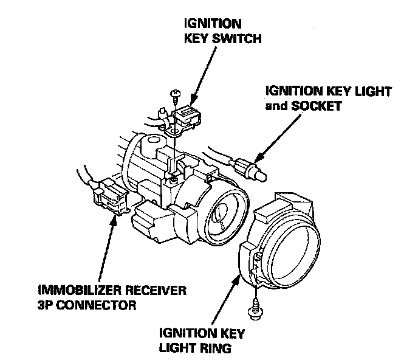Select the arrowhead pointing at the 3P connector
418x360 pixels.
(112, 215)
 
